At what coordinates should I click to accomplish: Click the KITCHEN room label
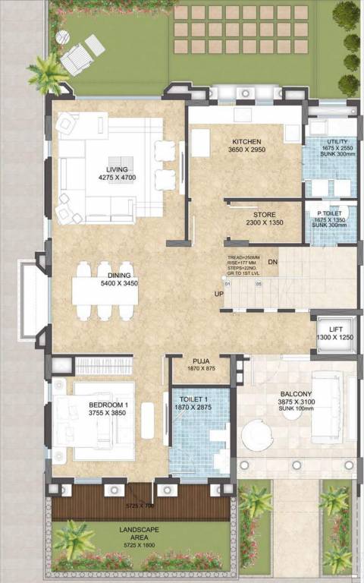tap(246, 142)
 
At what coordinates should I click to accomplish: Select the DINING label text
tap(118, 275)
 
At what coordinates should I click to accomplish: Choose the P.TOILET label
tap(332, 215)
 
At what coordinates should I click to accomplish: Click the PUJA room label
tap(200, 361)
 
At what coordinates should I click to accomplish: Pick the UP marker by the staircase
tap(219, 293)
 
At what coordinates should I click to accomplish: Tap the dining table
tap(106, 290)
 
